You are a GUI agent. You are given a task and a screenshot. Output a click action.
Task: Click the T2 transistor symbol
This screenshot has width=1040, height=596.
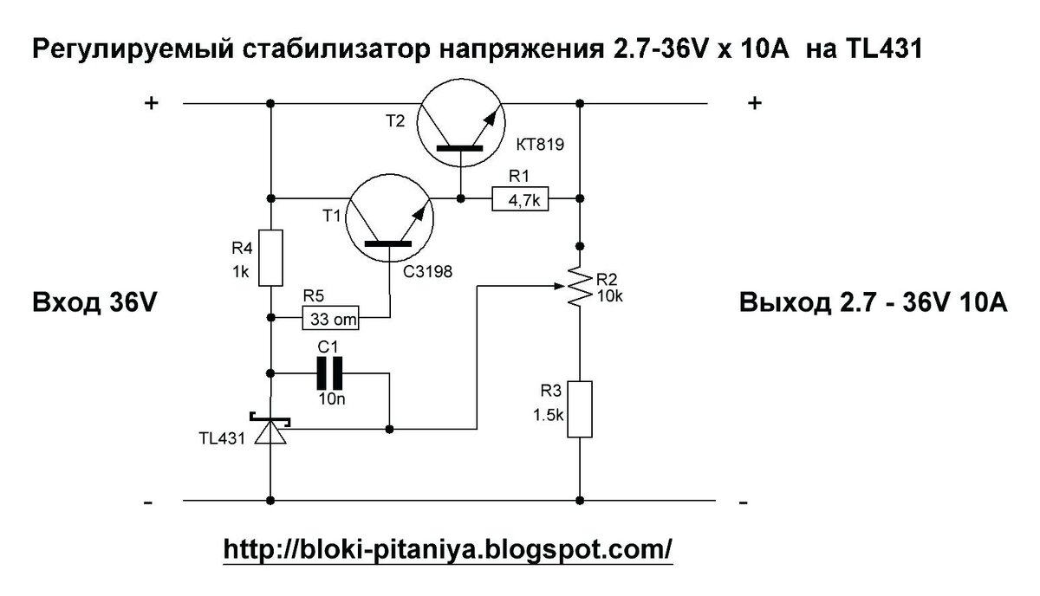point(459,126)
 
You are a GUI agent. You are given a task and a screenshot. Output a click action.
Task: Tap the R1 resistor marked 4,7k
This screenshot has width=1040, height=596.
point(519,200)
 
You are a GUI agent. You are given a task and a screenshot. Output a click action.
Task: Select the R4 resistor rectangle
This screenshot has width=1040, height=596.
point(271,258)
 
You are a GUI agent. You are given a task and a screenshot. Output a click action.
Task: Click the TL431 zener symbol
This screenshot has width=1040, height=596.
point(270,431)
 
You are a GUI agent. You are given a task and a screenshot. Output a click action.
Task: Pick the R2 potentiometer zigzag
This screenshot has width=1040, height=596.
point(578,286)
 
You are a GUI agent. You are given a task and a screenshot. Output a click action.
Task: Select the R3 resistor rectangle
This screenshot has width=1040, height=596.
point(579,409)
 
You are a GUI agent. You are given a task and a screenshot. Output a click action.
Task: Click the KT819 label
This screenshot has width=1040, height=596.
point(540,146)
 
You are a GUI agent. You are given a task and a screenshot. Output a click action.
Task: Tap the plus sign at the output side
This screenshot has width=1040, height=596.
point(754,103)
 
